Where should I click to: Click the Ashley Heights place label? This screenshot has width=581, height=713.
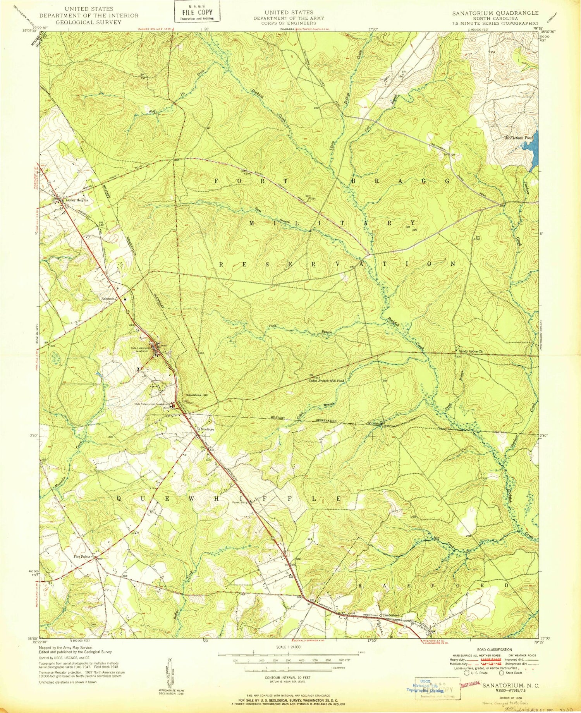(77, 201)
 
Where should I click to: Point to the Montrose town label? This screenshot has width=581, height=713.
(207, 430)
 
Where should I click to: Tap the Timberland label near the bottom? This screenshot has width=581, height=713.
(391, 615)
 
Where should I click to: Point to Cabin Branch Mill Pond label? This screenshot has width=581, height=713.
(326, 381)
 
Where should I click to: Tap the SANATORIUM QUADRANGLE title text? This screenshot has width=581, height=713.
(495, 13)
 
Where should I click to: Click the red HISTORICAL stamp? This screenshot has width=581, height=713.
(470, 684)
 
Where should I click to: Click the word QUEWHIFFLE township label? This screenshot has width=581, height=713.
(229, 499)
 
